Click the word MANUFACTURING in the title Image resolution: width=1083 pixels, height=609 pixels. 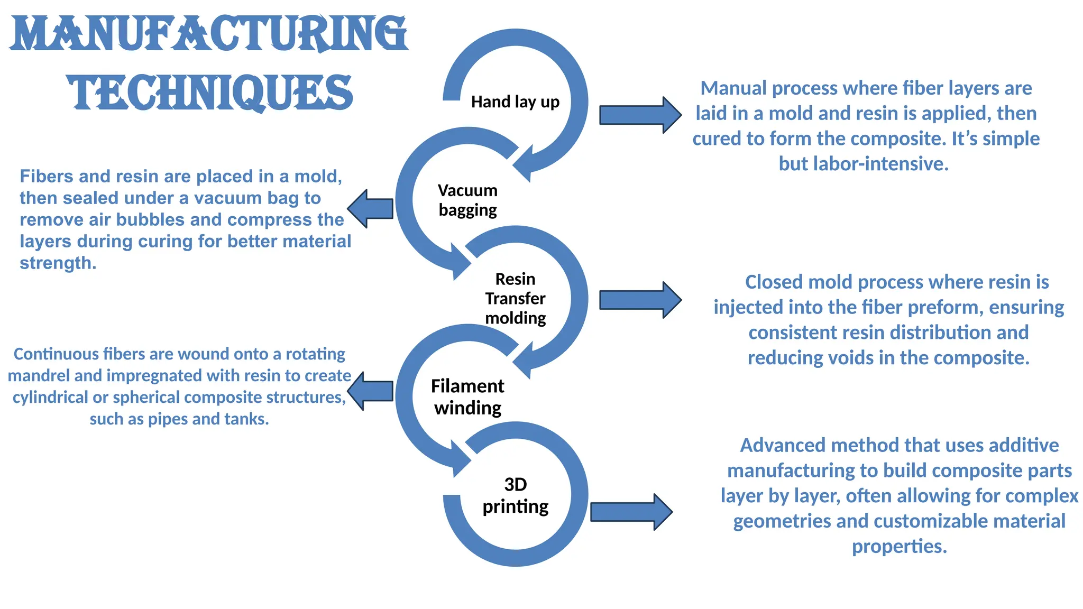209,34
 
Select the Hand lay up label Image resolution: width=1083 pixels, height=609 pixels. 515,101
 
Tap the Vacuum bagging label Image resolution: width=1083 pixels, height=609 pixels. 467,200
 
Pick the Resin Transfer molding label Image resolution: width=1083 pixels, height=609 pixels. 515,299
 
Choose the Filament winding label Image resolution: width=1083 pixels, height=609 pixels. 467,397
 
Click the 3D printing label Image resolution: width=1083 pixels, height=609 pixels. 515,495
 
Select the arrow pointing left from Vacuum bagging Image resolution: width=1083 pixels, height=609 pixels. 371,208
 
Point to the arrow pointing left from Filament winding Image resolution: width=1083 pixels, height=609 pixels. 371,391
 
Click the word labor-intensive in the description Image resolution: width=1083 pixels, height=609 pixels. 880,164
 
